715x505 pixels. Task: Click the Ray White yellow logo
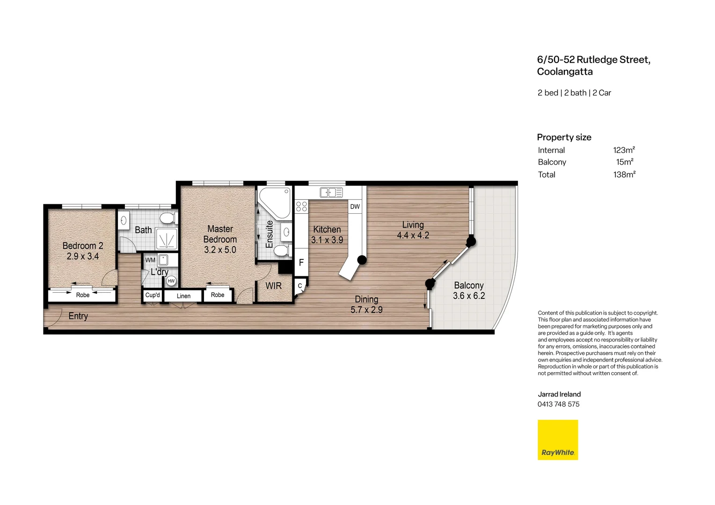pyautogui.click(x=558, y=440)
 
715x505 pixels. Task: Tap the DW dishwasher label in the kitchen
pyautogui.click(x=355, y=207)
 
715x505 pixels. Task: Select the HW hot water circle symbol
pyautogui.click(x=171, y=281)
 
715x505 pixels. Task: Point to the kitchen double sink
pyautogui.click(x=331, y=192)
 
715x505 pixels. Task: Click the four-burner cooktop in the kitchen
pyautogui.click(x=302, y=206)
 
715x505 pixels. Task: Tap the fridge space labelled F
pyautogui.click(x=301, y=263)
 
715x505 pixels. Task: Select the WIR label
pyautogui.click(x=273, y=286)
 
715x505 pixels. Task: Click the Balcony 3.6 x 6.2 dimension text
pyautogui.click(x=469, y=296)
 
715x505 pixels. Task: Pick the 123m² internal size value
pyautogui.click(x=624, y=150)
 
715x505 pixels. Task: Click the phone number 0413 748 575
pyautogui.click(x=558, y=404)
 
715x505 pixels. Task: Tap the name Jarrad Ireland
pyautogui.click(x=559, y=394)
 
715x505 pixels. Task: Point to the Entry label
pyautogui.click(x=78, y=316)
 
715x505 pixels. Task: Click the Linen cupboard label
pyautogui.click(x=183, y=296)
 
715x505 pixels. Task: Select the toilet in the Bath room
pyautogui.click(x=168, y=218)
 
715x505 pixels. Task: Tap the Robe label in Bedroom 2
pyautogui.click(x=83, y=295)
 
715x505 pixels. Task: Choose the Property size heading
pyautogui.click(x=564, y=137)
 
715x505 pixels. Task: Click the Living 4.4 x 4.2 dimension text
pyautogui.click(x=413, y=235)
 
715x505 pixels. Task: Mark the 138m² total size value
pyautogui.click(x=624, y=174)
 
